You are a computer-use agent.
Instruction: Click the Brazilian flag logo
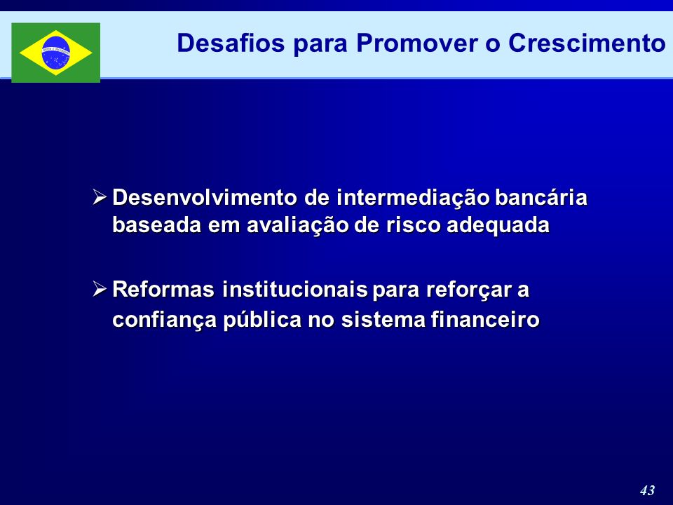[x=56, y=53]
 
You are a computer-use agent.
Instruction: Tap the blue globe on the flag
[x=56, y=53]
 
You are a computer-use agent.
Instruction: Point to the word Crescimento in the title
[x=587, y=43]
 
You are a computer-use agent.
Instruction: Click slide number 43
[x=647, y=490]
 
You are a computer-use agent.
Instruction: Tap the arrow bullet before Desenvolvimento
[x=100, y=197]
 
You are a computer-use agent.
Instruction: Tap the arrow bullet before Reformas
[x=100, y=289]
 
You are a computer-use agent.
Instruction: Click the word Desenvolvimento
[x=205, y=198]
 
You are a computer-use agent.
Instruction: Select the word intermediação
[x=414, y=198]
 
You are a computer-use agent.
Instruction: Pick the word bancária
[x=541, y=198]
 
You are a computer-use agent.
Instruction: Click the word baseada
[x=156, y=225]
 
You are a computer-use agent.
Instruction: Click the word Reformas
[x=163, y=290]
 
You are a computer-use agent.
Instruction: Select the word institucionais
[x=295, y=290]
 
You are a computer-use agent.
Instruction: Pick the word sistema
[x=383, y=320]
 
